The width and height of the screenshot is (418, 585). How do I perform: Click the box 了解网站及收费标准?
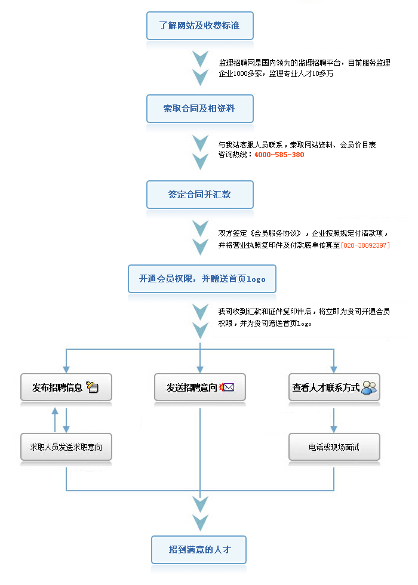[200, 26]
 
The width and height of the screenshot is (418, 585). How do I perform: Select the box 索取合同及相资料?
[200, 109]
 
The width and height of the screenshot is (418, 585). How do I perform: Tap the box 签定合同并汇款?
[200, 195]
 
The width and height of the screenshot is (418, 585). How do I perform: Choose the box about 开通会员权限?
[202, 279]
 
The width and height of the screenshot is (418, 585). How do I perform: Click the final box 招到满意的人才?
[199, 550]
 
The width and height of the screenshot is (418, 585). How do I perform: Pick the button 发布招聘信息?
[66, 387]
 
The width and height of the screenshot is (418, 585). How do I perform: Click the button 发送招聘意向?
[200, 387]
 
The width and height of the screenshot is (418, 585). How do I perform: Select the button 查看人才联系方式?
[334, 387]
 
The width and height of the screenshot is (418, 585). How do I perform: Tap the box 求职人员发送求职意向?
[66, 447]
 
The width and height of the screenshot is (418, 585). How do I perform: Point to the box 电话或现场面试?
[334, 447]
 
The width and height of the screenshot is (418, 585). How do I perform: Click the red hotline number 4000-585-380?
[279, 155]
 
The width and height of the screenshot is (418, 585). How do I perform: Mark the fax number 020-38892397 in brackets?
[365, 245]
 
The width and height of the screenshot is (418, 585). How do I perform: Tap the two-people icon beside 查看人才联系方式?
[369, 387]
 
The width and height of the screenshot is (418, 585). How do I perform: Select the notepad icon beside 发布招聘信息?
[92, 387]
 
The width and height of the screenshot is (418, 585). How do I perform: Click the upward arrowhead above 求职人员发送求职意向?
[55, 411]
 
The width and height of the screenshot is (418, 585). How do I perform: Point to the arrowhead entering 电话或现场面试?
[334, 429]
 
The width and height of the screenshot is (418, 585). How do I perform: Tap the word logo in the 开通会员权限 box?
[256, 279]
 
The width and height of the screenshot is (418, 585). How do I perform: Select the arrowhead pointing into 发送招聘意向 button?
[200, 370]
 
